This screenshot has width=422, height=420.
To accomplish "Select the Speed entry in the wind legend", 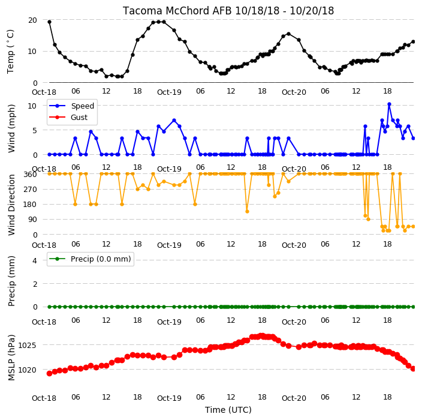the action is click(82, 106).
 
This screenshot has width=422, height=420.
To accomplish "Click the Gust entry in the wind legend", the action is click(79, 118).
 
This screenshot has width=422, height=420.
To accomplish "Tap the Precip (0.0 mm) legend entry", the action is click(101, 259).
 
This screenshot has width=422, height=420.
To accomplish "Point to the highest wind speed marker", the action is click(389, 104).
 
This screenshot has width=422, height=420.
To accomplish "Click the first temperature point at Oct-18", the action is click(50, 22).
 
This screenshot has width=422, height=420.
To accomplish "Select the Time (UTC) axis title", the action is click(228, 410).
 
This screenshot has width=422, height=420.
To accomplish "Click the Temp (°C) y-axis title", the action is click(10, 52).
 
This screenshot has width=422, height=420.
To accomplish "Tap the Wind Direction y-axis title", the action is click(11, 205).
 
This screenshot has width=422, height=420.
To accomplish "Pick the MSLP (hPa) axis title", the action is click(11, 358).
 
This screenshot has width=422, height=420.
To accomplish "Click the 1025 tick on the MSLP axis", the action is click(27, 345).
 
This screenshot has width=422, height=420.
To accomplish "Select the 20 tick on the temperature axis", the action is click(32, 20).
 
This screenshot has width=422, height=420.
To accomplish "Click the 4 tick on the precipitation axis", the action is click(35, 260).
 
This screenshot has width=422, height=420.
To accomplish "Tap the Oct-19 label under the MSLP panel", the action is click(169, 398).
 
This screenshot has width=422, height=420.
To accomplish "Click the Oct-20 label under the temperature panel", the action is click(294, 92).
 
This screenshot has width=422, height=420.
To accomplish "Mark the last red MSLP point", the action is click(414, 368).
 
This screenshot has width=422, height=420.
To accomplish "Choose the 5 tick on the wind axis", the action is click(35, 131).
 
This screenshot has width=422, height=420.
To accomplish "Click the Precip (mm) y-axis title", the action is click(11, 281).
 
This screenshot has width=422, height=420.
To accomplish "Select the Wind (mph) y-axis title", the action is click(11, 128).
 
